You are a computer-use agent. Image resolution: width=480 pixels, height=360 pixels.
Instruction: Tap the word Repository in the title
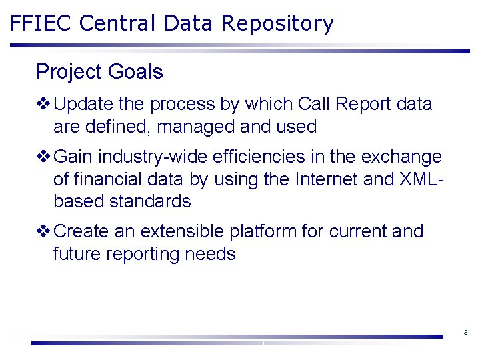(x=277, y=24)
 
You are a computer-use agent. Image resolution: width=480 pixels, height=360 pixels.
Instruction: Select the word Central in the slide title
(x=118, y=23)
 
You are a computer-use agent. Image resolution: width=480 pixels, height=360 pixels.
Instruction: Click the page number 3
(x=465, y=332)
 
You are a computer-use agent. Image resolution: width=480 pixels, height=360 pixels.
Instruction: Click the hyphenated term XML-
(x=420, y=179)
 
